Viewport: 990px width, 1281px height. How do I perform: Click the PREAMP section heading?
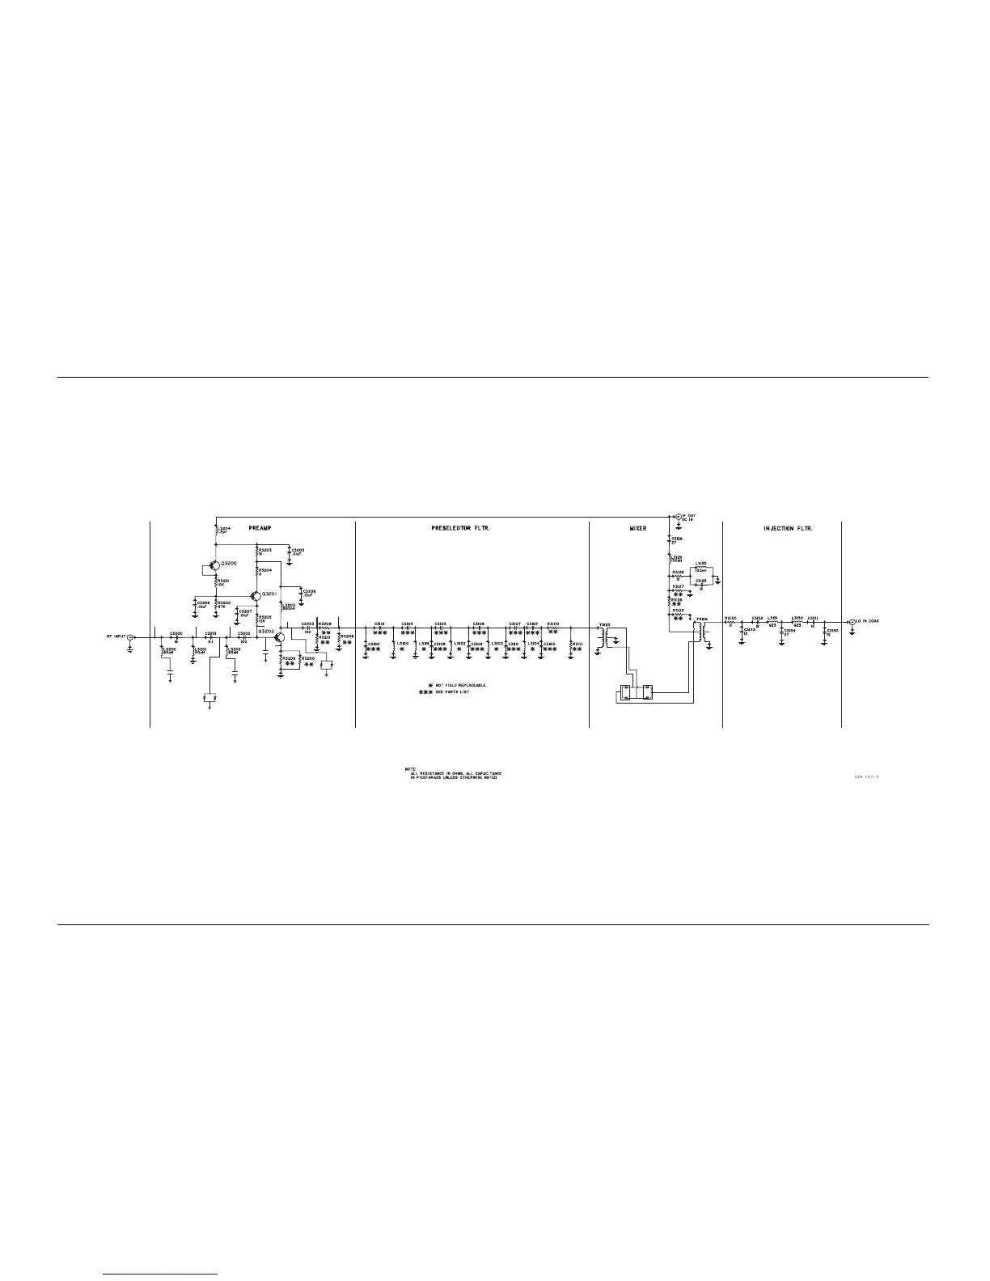tap(260, 527)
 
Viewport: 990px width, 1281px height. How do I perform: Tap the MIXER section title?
tap(638, 527)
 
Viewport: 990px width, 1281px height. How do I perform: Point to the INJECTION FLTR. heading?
tap(788, 527)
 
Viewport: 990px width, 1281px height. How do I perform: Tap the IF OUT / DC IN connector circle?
tap(678, 516)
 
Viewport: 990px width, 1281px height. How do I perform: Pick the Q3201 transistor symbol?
tap(255, 596)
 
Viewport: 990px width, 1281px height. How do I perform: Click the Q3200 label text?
tap(229, 562)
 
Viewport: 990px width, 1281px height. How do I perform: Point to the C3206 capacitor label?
tap(203, 603)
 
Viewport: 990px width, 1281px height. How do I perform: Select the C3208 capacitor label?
tap(309, 593)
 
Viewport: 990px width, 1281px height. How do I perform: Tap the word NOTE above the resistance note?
tap(409, 767)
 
